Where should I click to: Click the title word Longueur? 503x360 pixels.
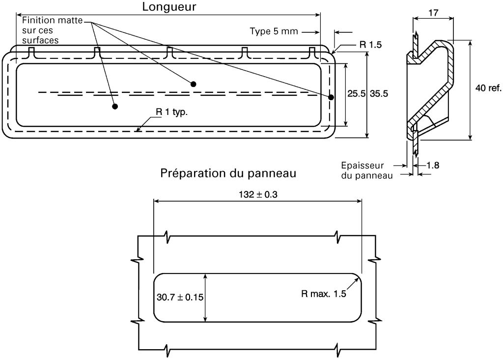point(169,7)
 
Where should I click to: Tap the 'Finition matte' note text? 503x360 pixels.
point(52,21)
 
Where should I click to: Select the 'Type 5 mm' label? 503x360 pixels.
point(274,31)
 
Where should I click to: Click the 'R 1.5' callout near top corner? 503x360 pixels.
point(370,45)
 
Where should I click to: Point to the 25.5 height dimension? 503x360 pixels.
point(356,94)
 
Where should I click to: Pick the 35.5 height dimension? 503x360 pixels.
point(379,94)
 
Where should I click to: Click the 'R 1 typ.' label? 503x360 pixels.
point(171,112)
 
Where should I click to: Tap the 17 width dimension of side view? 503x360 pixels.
point(433,13)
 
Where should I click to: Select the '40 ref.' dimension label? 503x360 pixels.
point(488,88)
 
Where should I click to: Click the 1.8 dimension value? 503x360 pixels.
point(433,165)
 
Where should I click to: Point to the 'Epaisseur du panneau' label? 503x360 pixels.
point(366,170)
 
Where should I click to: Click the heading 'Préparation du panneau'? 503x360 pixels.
point(228,173)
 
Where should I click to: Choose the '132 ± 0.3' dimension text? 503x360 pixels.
point(258,194)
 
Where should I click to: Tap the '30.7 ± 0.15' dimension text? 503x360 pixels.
point(180,297)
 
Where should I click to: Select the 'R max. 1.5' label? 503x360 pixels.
point(324,294)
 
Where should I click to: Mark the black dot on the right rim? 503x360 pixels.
point(331,97)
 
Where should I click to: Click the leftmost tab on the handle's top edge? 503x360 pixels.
point(31,53)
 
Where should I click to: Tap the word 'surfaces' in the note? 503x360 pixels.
point(40,40)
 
